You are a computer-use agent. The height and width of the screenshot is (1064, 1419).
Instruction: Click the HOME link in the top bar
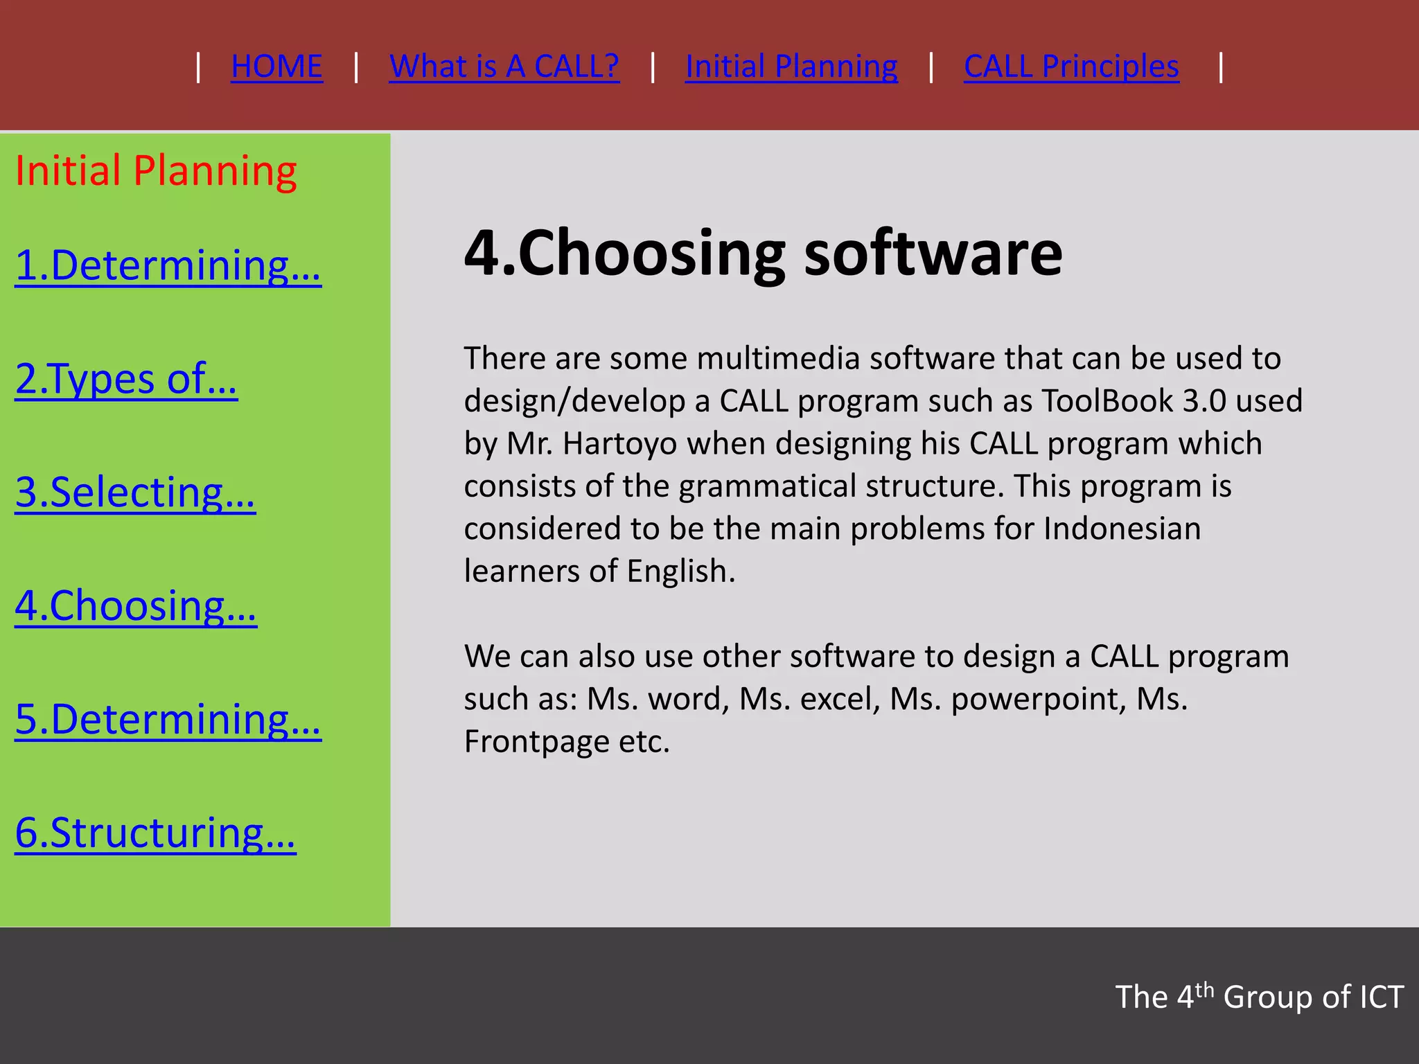[276, 67]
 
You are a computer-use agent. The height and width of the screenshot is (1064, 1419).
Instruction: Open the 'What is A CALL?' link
[504, 67]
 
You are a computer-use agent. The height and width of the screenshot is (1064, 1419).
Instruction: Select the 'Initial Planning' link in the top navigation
[791, 67]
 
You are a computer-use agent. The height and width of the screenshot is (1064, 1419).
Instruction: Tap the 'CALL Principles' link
[1071, 67]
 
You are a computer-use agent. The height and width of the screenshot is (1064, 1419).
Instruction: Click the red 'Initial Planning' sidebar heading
[156, 171]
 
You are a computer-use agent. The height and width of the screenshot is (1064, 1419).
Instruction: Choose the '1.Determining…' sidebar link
[168, 265]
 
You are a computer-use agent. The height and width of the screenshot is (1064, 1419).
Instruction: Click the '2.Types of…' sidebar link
[126, 379]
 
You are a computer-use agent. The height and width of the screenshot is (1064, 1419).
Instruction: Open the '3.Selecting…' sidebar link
[135, 493]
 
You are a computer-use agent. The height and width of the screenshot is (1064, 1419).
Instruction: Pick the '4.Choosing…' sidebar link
[136, 606]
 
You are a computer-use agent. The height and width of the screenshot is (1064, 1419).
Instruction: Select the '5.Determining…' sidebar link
[168, 720]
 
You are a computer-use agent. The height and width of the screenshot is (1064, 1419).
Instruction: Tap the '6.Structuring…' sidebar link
[155, 833]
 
